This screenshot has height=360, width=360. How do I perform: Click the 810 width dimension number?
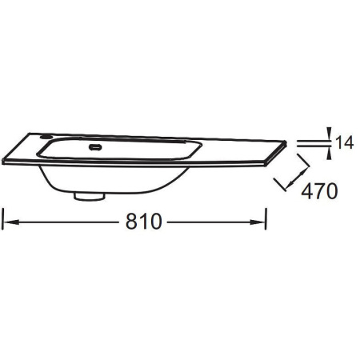pyautogui.click(x=143, y=222)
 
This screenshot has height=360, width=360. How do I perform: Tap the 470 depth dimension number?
pyautogui.click(x=319, y=191)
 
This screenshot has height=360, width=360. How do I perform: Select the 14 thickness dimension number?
pyautogui.click(x=344, y=142)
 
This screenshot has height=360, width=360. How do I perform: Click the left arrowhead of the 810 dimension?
pyautogui.click(x=11, y=222)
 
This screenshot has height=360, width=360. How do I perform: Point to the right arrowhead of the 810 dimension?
pyautogui.click(x=257, y=222)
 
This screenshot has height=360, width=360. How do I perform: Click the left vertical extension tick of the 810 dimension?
pyautogui.click(x=2, y=219)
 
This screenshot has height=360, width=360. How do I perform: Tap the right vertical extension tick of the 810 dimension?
pyautogui.click(x=266, y=219)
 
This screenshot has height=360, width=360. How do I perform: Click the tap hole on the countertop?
pyautogui.click(x=46, y=137)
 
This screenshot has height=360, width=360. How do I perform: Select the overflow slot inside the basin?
pyautogui.click(x=95, y=146)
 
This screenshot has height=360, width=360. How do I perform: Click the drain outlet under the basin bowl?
pyautogui.click(x=90, y=197)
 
